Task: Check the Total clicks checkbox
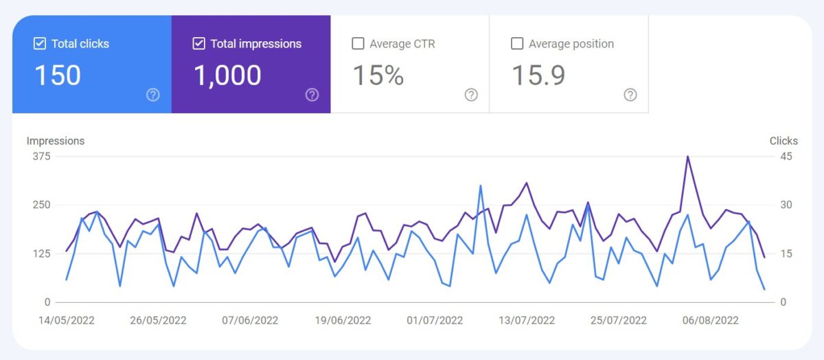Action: click(40, 44)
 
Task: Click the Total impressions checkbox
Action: click(199, 44)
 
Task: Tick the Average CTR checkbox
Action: click(358, 44)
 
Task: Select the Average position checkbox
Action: click(517, 44)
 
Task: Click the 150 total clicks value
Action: click(58, 76)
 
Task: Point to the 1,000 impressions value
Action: click(227, 76)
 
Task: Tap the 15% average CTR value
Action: click(378, 76)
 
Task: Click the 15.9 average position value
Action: click(538, 76)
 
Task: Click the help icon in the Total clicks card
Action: click(153, 95)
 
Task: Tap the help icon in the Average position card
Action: click(630, 95)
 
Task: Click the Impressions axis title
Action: click(56, 141)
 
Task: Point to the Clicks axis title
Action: click(783, 141)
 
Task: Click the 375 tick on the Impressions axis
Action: click(41, 157)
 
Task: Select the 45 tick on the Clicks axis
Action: click(786, 157)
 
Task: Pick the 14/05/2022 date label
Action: click(67, 320)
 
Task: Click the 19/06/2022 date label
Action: click(343, 320)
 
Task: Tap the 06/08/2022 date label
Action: click(711, 320)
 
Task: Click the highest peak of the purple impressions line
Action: click(687, 157)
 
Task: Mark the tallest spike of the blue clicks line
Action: click(481, 185)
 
